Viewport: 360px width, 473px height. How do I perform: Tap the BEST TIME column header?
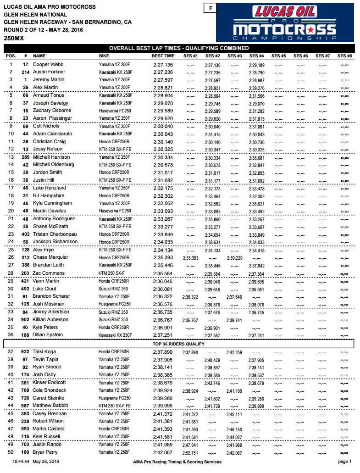(163, 56)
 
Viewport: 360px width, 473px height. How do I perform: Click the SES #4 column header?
(256, 56)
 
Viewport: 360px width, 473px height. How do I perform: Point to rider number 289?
(25, 157)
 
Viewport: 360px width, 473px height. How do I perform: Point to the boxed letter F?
(210, 8)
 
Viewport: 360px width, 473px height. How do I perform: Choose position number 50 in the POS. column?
(10, 452)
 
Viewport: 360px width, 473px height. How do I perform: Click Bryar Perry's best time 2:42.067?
(163, 452)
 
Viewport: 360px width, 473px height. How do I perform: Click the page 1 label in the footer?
(344, 462)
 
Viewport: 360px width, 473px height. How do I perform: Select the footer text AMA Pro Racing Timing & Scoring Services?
(177, 462)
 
